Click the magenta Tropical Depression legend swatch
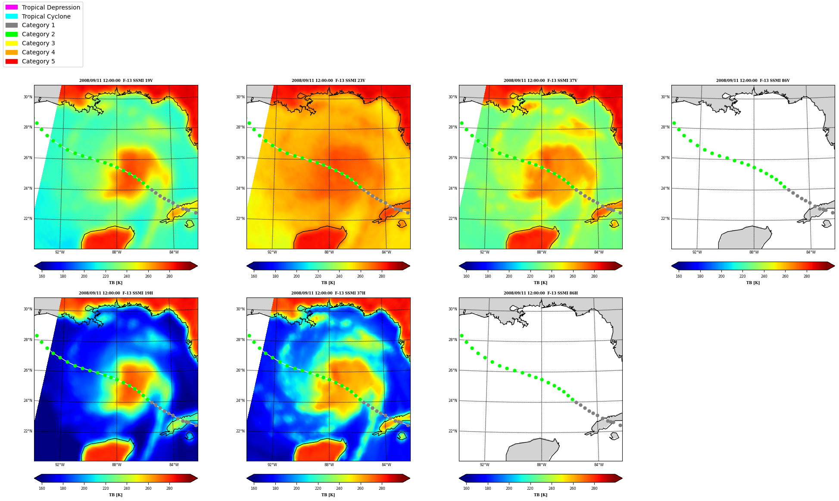point(12,7)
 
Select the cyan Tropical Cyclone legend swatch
point(12,16)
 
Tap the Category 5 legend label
point(38,61)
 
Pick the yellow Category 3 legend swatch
point(12,43)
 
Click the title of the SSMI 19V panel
point(116,81)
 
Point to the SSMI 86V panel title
point(753,81)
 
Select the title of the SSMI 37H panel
point(328,293)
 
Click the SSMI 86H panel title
point(541,293)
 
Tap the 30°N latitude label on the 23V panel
point(240,97)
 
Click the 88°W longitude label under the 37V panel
point(542,252)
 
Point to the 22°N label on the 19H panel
point(28,431)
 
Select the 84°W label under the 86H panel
point(599,465)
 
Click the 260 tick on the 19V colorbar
point(148,276)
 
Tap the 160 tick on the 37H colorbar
point(254,488)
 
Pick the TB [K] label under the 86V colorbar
point(753,283)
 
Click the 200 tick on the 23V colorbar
point(296,276)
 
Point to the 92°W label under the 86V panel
point(697,252)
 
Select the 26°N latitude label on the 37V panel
point(452,158)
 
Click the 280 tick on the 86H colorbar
point(594,488)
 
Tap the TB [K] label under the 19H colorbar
point(115,495)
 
